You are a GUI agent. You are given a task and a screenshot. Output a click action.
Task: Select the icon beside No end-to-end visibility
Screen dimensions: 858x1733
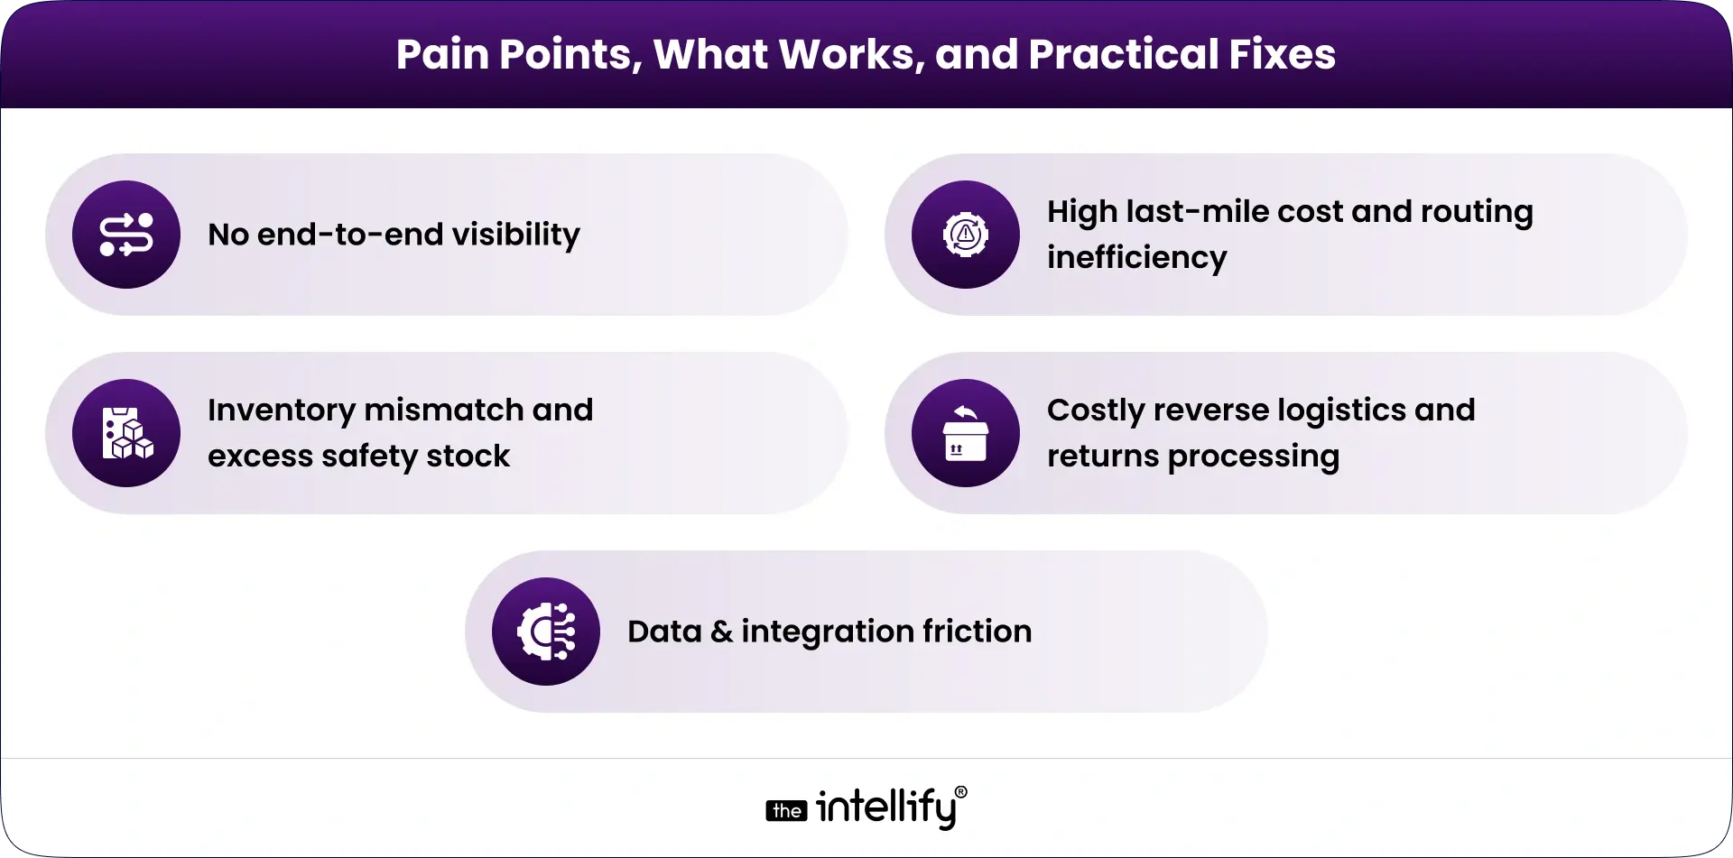click(x=126, y=235)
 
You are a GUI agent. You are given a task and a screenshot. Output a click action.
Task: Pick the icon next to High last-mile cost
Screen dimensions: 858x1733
click(x=966, y=235)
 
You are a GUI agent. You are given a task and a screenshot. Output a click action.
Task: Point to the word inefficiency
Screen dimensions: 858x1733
click(x=1136, y=258)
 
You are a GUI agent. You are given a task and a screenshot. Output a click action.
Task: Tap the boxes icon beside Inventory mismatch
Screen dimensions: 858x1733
click(x=126, y=433)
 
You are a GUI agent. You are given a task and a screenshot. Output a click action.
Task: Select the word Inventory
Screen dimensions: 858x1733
click(x=282, y=410)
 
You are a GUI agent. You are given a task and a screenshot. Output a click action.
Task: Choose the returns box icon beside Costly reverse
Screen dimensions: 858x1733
click(x=966, y=433)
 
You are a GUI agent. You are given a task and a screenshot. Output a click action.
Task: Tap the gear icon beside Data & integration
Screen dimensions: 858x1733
click(x=546, y=632)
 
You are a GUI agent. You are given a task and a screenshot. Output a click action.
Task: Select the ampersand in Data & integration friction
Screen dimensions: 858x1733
click(x=721, y=632)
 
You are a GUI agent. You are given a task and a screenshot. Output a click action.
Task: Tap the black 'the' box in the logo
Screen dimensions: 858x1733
click(x=786, y=811)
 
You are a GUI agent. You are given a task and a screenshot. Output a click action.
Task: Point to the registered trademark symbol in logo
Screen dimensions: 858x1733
click(x=960, y=792)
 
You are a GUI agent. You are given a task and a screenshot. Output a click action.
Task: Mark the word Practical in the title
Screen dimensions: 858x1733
click(x=1123, y=54)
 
